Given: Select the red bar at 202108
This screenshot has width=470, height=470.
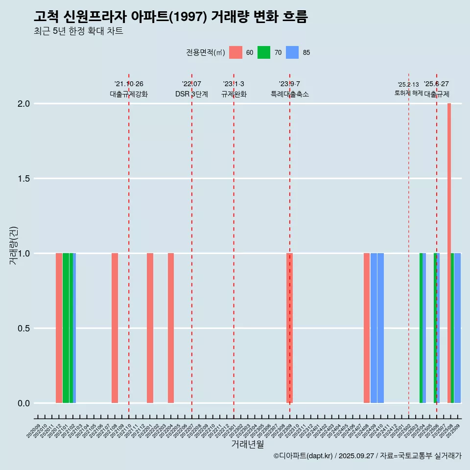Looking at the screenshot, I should click(115, 328).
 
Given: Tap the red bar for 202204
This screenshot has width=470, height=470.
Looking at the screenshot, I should click(171, 328).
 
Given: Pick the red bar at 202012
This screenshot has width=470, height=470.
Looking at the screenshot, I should click(59, 328).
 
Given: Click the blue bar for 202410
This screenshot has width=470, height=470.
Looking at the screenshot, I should click(380, 328).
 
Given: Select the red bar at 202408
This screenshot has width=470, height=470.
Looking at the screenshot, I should click(367, 328).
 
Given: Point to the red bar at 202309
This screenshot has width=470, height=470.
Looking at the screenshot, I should click(289, 328).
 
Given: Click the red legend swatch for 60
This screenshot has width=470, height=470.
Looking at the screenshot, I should click(235, 52).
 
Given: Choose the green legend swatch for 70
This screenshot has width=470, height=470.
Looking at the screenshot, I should click(264, 52).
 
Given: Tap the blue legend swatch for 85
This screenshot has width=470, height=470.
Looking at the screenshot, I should click(292, 52).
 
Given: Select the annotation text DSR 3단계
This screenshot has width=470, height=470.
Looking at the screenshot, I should click(191, 94).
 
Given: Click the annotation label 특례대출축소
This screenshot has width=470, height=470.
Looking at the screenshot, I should click(290, 94).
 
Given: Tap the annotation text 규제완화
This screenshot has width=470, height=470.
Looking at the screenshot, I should click(234, 94).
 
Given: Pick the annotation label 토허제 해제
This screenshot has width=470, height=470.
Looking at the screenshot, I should click(408, 93).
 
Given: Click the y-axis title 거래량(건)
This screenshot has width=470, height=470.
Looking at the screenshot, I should click(13, 245).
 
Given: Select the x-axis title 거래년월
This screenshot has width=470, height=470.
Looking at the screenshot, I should click(247, 445).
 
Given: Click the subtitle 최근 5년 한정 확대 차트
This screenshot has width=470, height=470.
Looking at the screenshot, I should click(78, 31).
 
